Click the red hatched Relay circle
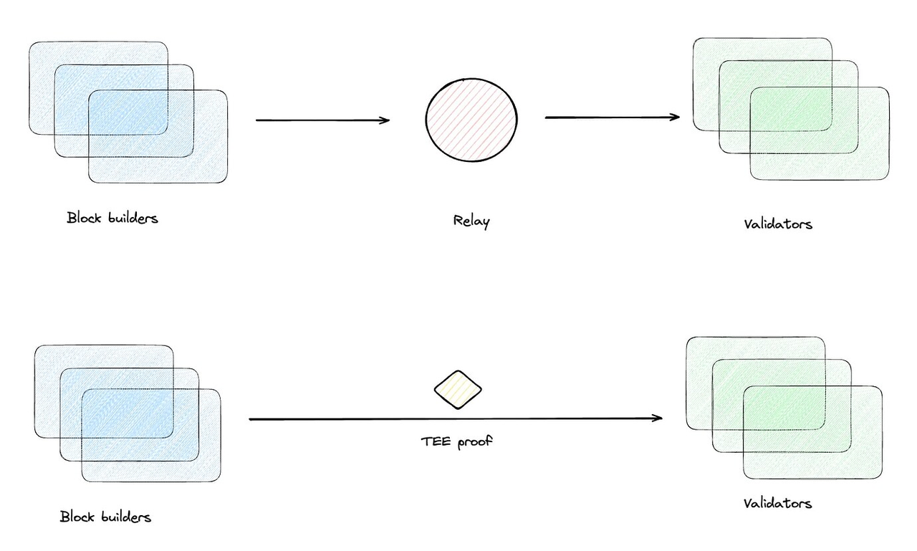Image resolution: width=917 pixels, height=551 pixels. pyautogui.click(x=471, y=119)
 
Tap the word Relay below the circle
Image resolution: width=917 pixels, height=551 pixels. pyautogui.click(x=471, y=221)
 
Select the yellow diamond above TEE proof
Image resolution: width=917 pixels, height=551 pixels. pyautogui.click(x=458, y=390)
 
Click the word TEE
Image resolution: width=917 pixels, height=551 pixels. pyautogui.click(x=436, y=441)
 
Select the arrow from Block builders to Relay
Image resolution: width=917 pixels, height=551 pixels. pyautogui.click(x=322, y=120)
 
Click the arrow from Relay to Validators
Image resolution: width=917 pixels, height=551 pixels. pyautogui.click(x=613, y=117)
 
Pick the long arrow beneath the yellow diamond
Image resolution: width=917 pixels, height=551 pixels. pyautogui.click(x=455, y=418)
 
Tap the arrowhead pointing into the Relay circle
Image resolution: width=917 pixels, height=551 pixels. pyautogui.click(x=385, y=120)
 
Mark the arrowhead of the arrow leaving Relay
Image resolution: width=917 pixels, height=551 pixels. pyautogui.click(x=675, y=117)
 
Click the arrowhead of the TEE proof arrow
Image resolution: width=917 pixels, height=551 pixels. pyautogui.click(x=658, y=418)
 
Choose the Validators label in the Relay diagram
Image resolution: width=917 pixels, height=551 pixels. pyautogui.click(x=778, y=224)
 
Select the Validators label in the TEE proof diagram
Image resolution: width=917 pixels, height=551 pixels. pyautogui.click(x=777, y=503)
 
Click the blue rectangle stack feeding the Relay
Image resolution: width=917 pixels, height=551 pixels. pyautogui.click(x=128, y=112)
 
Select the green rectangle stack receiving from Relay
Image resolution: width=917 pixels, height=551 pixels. pyautogui.click(x=791, y=108)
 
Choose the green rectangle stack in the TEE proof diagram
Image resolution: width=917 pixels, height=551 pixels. pyautogui.click(x=784, y=407)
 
